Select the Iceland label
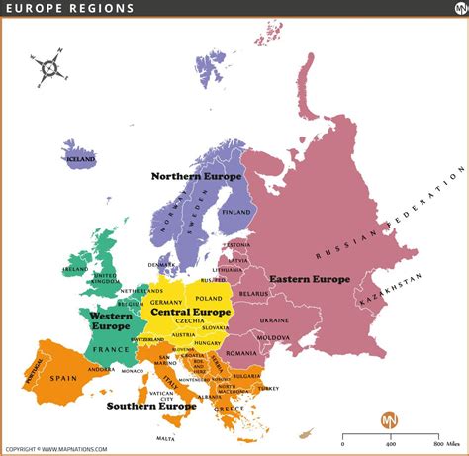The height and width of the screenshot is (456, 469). pos(79,158)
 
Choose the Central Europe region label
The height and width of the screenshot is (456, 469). pos(190,312)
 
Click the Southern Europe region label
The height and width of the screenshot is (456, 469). pos(151,406)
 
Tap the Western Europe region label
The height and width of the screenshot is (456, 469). pos(112,320)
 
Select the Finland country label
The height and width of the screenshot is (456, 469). pos(236,212)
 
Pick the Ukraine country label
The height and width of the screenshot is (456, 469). pos(275,321)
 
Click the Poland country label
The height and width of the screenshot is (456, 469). pos(210,298)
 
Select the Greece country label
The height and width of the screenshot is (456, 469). pos(231,409)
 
